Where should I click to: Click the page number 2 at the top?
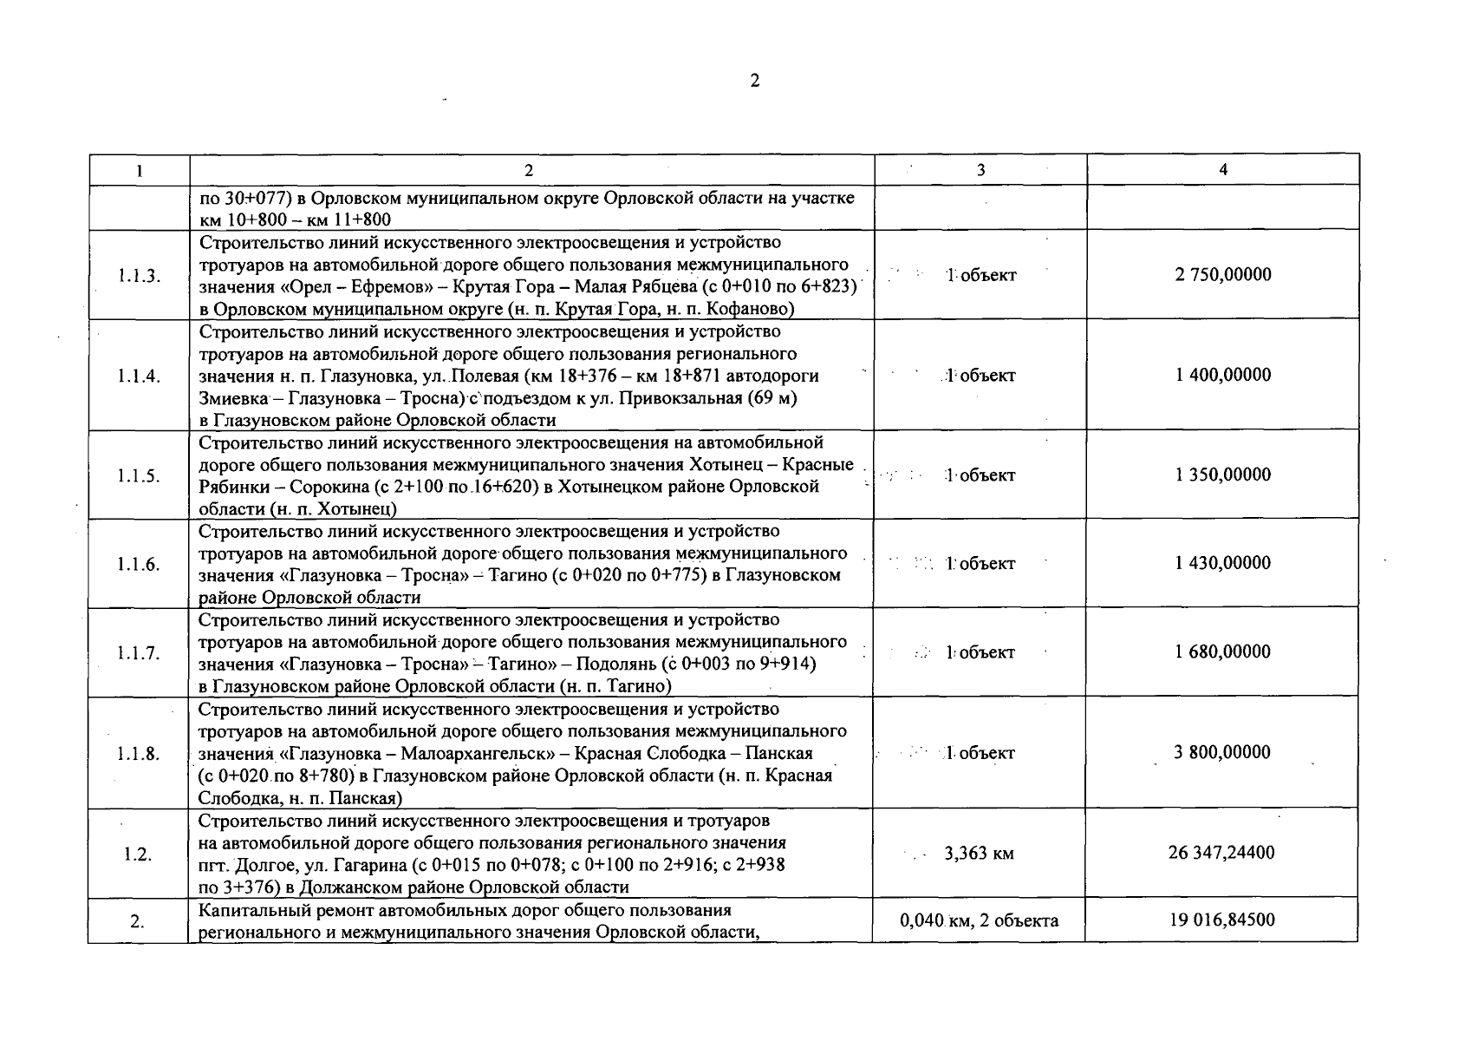click(x=754, y=81)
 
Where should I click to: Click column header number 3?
click(x=980, y=170)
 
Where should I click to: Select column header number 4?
click(x=1223, y=170)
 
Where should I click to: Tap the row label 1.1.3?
click(x=139, y=276)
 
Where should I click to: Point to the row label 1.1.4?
click(x=139, y=376)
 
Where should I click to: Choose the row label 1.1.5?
click(x=139, y=475)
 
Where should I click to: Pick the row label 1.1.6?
click(x=139, y=564)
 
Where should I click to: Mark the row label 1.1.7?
click(x=139, y=652)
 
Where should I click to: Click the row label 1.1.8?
click(x=139, y=753)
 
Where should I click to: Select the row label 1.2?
click(x=138, y=854)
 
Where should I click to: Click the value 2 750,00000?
click(x=1223, y=275)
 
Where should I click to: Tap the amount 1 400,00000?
click(x=1223, y=375)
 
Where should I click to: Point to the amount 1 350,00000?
click(x=1223, y=475)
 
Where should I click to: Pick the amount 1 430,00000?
click(x=1223, y=563)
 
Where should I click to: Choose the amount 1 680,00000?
click(x=1223, y=651)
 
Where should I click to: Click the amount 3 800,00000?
click(x=1222, y=752)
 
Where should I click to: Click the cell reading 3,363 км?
click(x=979, y=854)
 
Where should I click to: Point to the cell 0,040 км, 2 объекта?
click(x=980, y=920)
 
